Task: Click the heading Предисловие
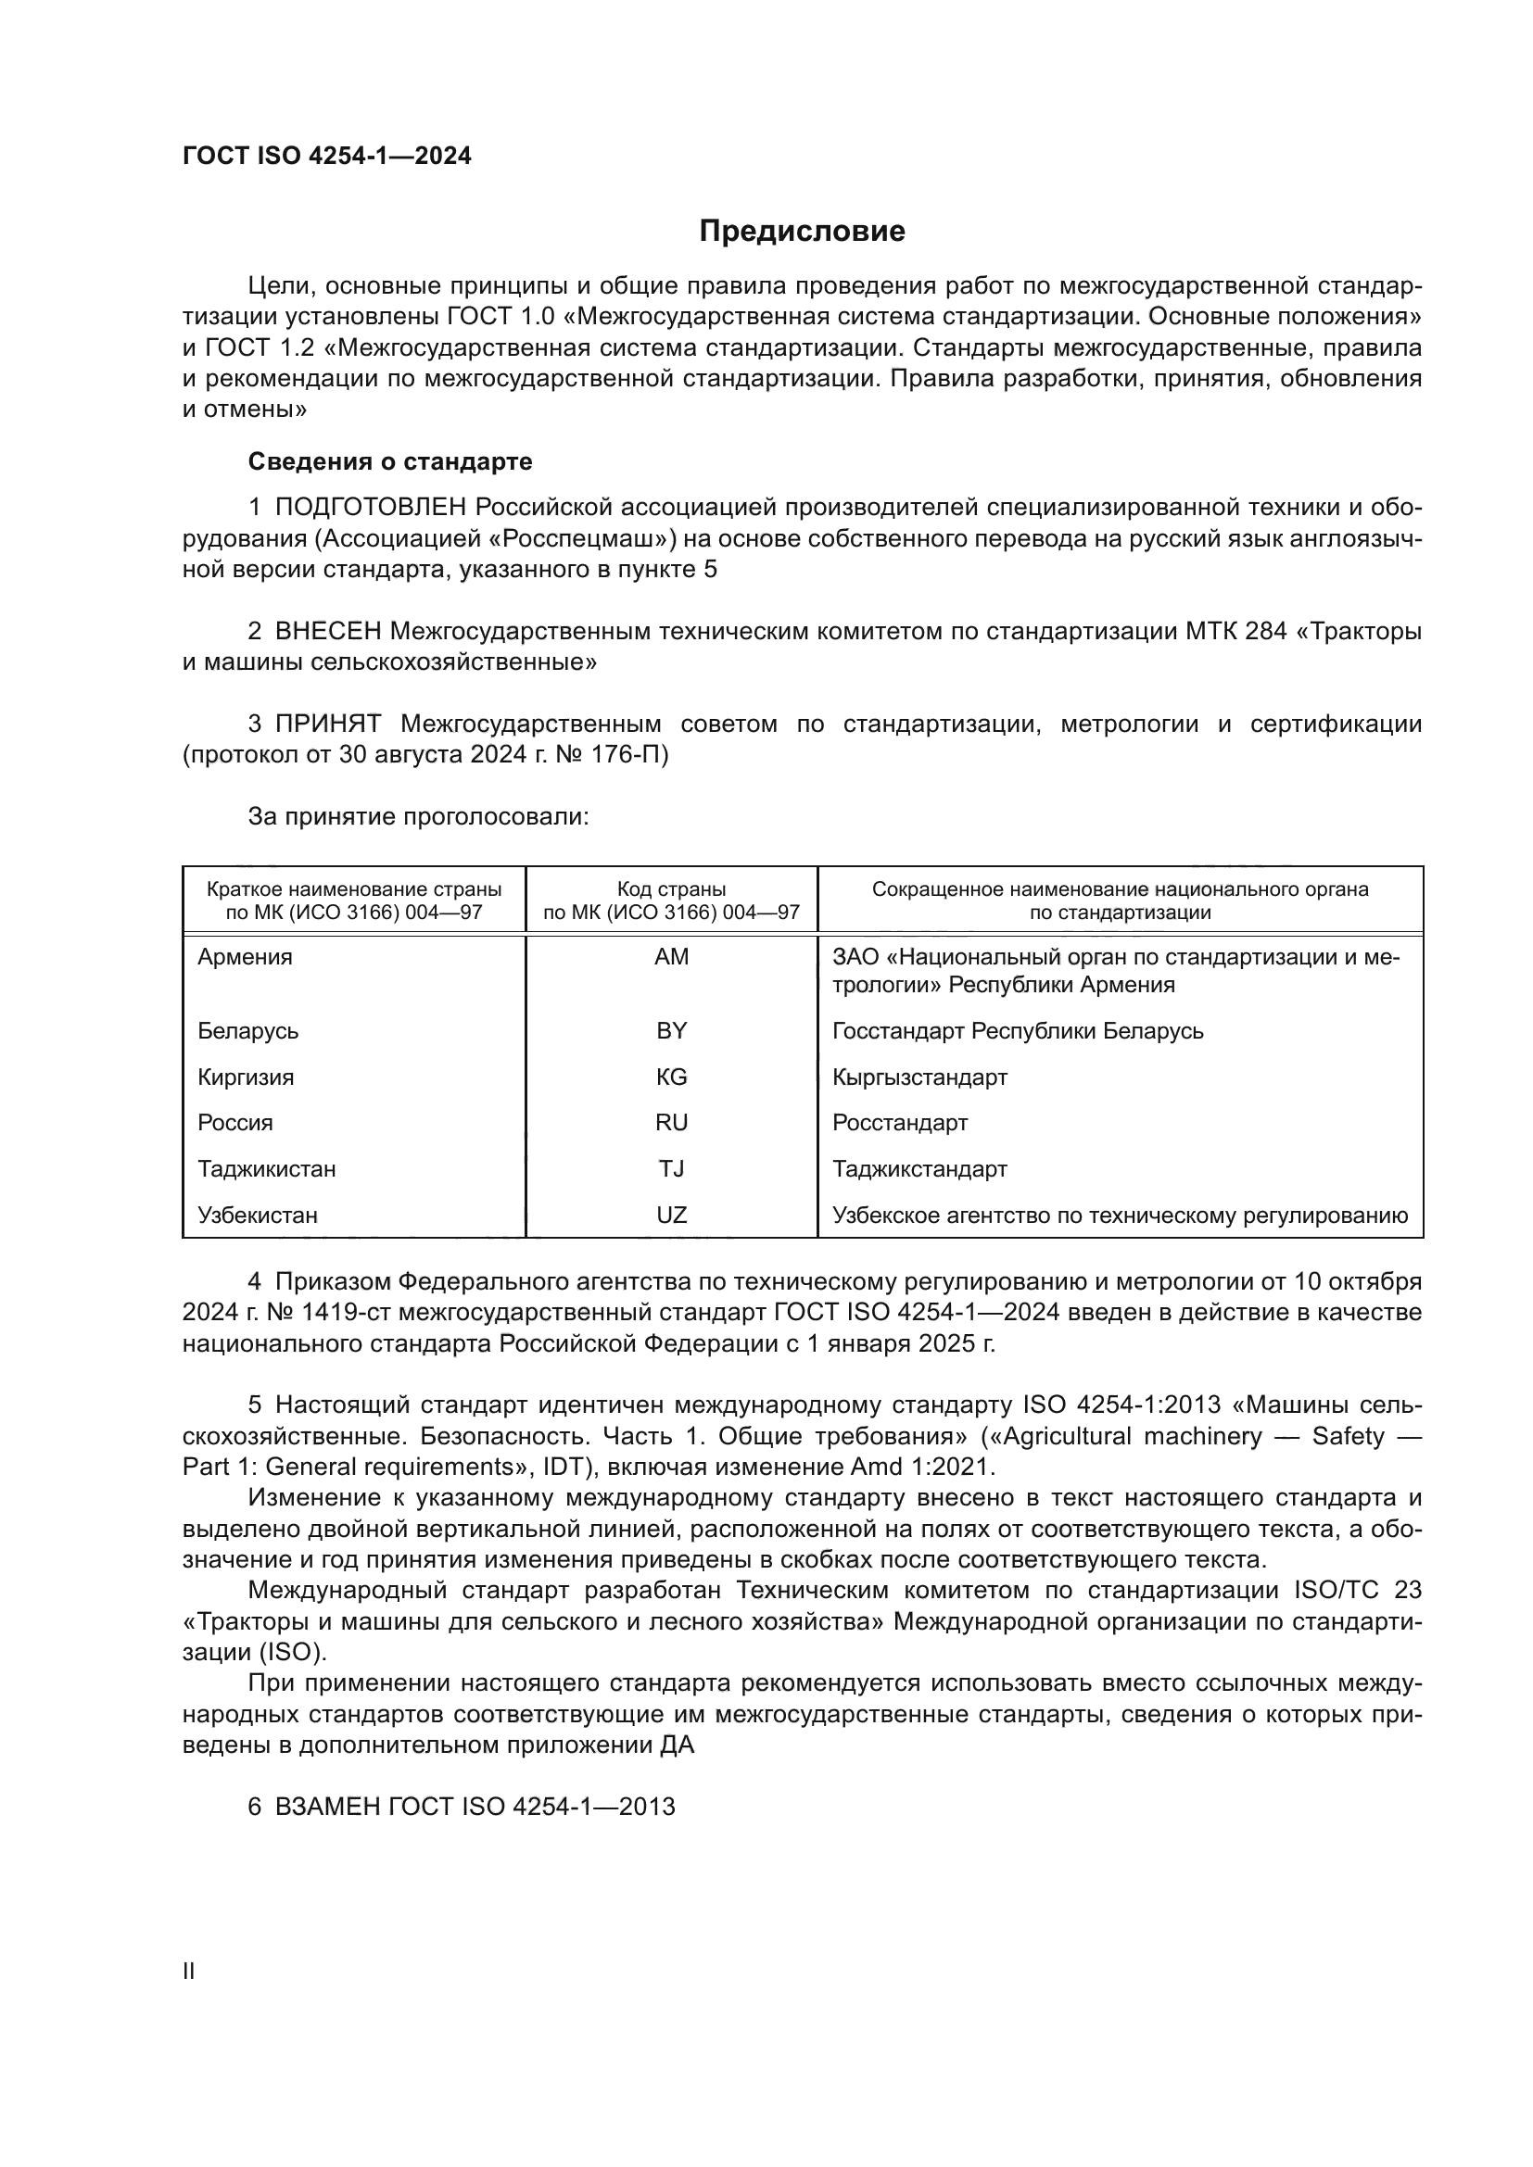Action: click(x=802, y=232)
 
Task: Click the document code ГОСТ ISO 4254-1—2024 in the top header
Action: click(x=326, y=156)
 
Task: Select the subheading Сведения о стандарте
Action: click(x=390, y=461)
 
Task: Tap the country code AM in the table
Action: click(x=671, y=957)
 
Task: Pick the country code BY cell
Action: click(x=671, y=1030)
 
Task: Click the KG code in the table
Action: click(x=671, y=1077)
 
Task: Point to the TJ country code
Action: click(x=671, y=1168)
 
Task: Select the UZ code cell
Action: click(x=671, y=1215)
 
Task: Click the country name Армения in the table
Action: click(x=245, y=957)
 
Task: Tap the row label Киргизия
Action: click(x=246, y=1077)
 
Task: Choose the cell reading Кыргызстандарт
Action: click(x=919, y=1077)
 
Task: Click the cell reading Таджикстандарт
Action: click(x=919, y=1168)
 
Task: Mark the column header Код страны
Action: click(x=671, y=889)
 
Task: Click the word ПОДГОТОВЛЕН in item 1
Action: click(x=370, y=508)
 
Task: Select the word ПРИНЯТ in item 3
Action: click(x=327, y=724)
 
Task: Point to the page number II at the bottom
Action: click(x=189, y=1971)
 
